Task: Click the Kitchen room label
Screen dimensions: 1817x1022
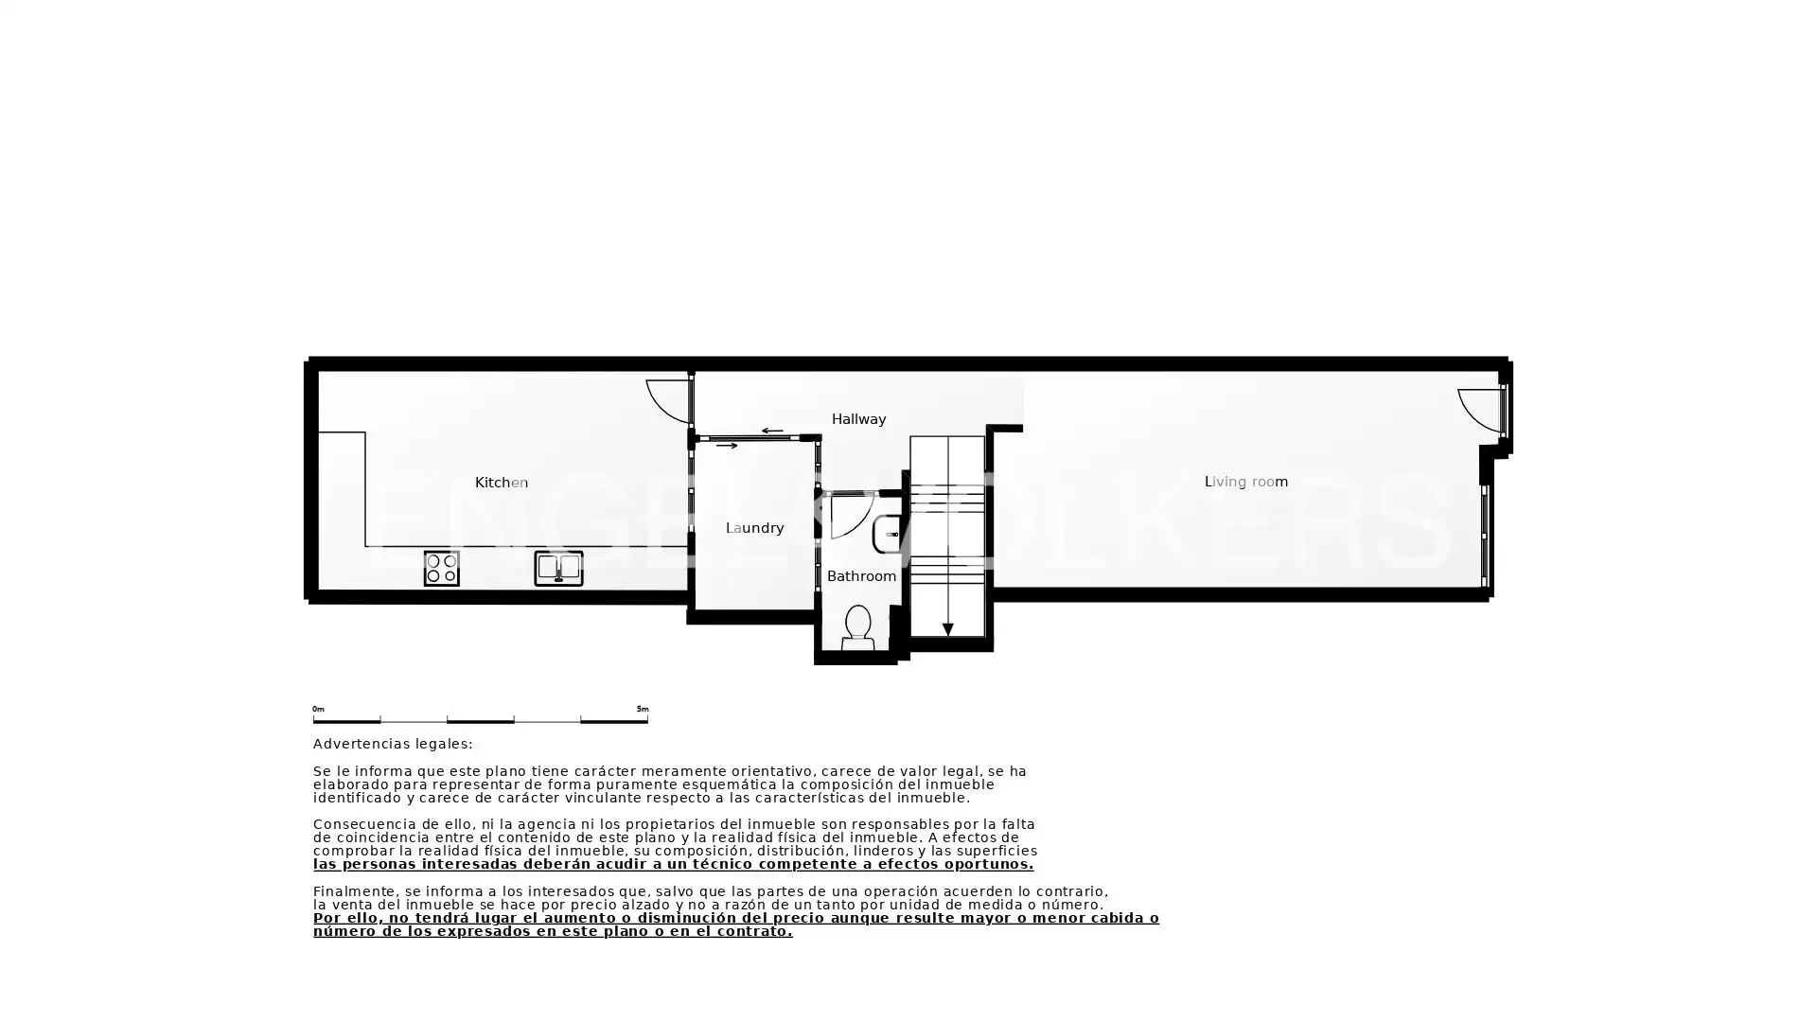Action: pyautogui.click(x=502, y=483)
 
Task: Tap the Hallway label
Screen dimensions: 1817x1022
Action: pyautogui.click(x=858, y=419)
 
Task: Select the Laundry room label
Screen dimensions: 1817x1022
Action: pyautogui.click(x=754, y=528)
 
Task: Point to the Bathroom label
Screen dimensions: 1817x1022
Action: pyautogui.click(x=861, y=576)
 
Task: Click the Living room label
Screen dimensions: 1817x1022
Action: pyautogui.click(x=1245, y=482)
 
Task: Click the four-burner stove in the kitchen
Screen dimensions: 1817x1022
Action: pyautogui.click(x=441, y=569)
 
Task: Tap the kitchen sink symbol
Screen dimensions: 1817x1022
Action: pyautogui.click(x=558, y=568)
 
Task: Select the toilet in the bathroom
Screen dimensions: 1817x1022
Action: pyautogui.click(x=857, y=628)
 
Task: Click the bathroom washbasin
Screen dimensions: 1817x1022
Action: pyautogui.click(x=887, y=535)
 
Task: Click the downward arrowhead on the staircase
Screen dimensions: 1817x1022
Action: pyautogui.click(x=947, y=629)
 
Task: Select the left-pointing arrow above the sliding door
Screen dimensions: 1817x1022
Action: pyautogui.click(x=772, y=432)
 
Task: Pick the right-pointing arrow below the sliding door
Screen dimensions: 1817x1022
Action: pyautogui.click(x=727, y=446)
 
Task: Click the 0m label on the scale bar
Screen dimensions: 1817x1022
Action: pyautogui.click(x=318, y=709)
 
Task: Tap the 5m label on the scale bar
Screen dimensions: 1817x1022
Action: pyautogui.click(x=643, y=709)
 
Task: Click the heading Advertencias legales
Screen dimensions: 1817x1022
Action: pyautogui.click(x=393, y=745)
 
